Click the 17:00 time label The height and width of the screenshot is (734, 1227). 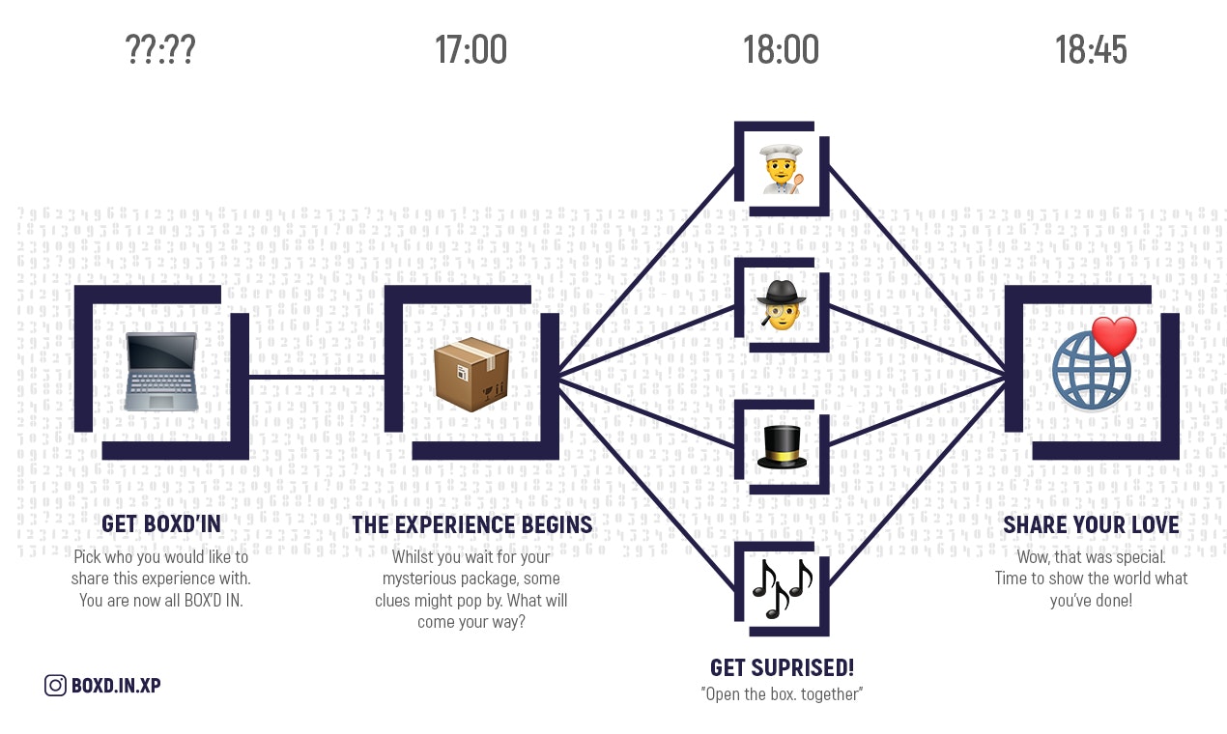pos(471,49)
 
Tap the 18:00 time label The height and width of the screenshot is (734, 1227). pos(781,49)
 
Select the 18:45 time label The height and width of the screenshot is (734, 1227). pos(1091,49)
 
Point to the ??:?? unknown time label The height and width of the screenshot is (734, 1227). pos(160,49)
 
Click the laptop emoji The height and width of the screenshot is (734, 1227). pos(161,372)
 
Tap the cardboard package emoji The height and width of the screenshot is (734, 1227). pos(471,374)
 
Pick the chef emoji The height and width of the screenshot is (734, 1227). pos(782,168)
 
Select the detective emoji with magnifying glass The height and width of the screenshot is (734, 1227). pos(782,304)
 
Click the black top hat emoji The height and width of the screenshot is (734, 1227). pos(782,447)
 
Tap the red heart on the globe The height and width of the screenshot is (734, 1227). pos(1113,336)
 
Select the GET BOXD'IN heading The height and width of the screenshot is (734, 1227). pos(161,524)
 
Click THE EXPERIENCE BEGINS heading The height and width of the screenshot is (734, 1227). pos(471,525)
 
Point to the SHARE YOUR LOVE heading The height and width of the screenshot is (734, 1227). pos(1091,525)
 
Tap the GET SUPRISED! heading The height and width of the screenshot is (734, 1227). pos(782,667)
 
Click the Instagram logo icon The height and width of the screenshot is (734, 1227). pos(55,686)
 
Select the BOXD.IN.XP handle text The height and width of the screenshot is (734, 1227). pos(116,686)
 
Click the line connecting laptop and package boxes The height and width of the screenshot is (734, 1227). pos(317,375)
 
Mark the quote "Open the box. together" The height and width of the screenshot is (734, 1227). pos(782,694)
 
